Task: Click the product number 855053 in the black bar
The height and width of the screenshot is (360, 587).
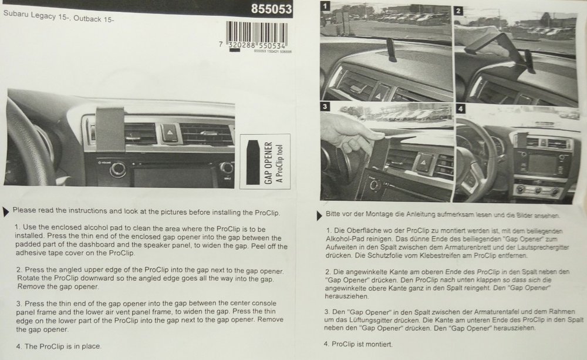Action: (x=271, y=9)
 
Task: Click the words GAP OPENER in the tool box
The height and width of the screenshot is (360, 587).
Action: (x=268, y=163)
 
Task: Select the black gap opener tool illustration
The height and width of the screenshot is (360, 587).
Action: (x=253, y=162)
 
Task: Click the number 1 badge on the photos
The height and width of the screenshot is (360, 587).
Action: (x=325, y=6)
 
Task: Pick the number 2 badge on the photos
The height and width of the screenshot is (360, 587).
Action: (x=458, y=11)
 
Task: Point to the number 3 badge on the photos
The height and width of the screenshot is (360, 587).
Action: (x=325, y=106)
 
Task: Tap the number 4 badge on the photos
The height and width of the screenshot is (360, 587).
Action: (x=460, y=109)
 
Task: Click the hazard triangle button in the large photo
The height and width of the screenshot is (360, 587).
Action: (x=169, y=133)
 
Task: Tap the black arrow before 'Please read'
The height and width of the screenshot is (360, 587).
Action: (x=6, y=211)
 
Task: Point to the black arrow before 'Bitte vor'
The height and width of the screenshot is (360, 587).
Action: (x=319, y=216)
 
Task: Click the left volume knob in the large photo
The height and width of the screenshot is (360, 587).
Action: (x=118, y=169)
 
